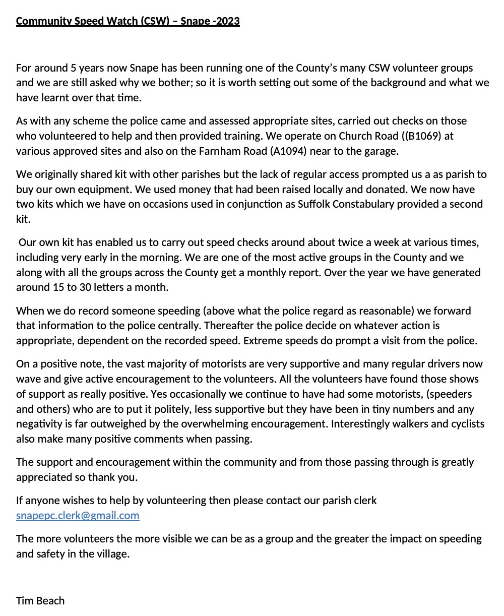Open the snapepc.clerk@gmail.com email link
click(78, 515)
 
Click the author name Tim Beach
click(40, 600)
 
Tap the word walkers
click(408, 423)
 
